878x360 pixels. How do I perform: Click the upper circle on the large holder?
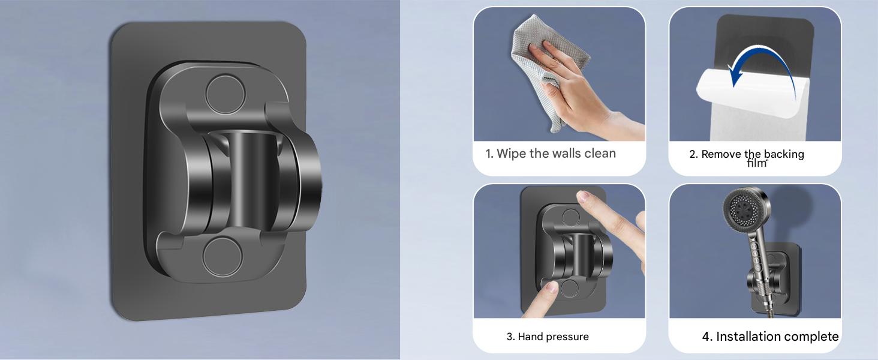coord(225,95)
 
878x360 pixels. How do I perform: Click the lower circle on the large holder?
coord(222,257)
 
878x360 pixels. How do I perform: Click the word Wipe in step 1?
coord(512,154)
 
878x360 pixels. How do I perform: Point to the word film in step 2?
coord(756,163)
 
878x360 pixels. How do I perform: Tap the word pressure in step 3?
coord(567,337)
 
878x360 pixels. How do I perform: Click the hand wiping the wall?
coord(584,90)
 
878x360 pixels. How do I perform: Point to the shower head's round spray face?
coord(743,209)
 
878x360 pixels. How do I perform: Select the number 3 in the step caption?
coord(510,337)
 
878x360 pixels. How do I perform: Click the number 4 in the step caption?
coord(706,337)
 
